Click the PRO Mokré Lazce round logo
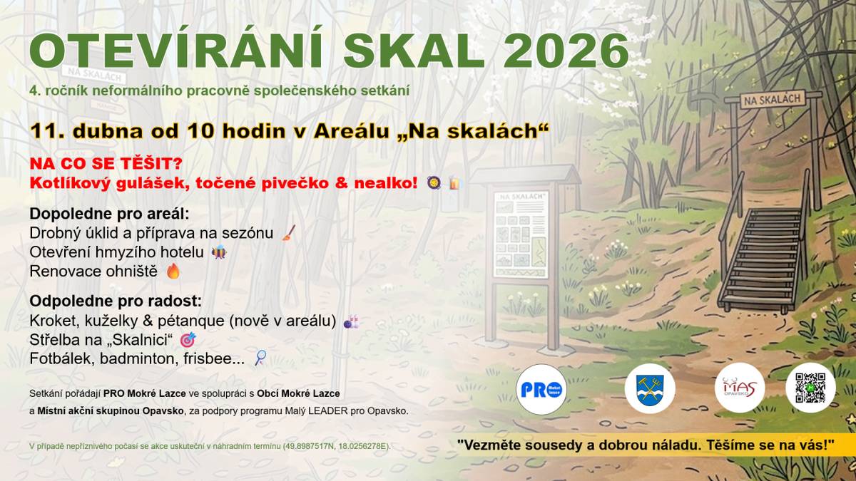coord(541,389)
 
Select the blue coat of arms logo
coord(650,389)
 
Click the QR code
coord(810,389)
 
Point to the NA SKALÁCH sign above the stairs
coord(772,100)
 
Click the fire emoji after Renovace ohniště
coord(173,271)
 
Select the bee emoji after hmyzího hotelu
coord(219,252)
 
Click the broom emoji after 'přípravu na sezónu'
coord(288,233)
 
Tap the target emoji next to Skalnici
coord(188,340)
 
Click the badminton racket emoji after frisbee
coord(260,358)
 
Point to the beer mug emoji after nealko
coord(454,183)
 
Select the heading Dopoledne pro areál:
coord(109,214)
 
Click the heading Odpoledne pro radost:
coord(116,301)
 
